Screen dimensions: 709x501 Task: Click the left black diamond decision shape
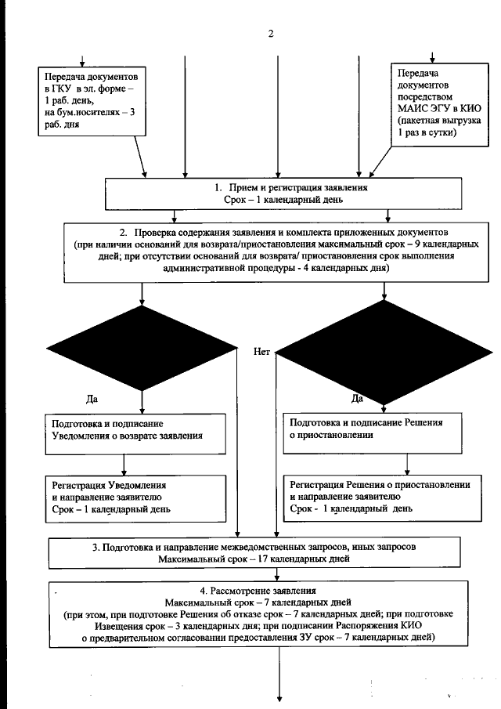pos(142,346)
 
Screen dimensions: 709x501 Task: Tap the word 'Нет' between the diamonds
pos(261,352)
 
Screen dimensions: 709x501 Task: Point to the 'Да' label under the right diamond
pos(357,400)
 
